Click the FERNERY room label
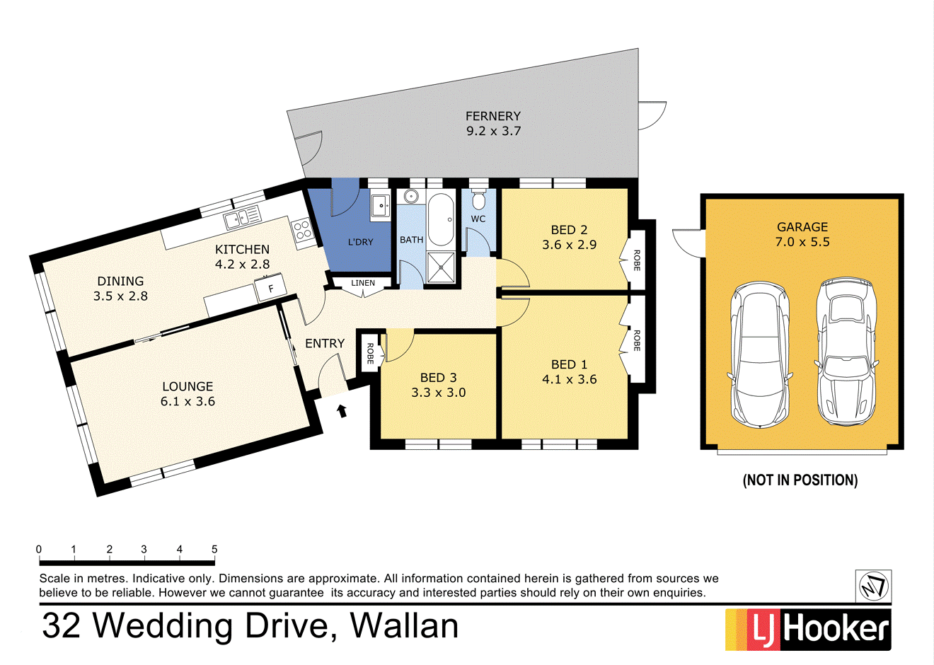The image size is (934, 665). [493, 116]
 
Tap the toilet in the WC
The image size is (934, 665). [479, 198]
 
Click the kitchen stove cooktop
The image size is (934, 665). [303, 231]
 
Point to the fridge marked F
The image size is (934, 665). [271, 289]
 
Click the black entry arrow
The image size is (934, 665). [342, 410]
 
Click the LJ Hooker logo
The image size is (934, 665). [808, 629]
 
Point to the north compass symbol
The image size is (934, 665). [873, 586]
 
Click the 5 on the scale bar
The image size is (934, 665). [214, 549]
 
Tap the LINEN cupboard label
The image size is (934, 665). [363, 283]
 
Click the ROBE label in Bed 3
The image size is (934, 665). [369, 353]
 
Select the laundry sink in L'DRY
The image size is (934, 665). [381, 206]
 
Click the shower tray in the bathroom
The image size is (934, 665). [442, 268]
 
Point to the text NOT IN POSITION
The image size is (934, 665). [800, 480]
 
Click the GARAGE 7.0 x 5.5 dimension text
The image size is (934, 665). [802, 242]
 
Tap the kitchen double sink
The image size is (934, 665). [243, 217]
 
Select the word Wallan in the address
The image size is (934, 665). [405, 626]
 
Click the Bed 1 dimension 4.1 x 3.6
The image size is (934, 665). [569, 379]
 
